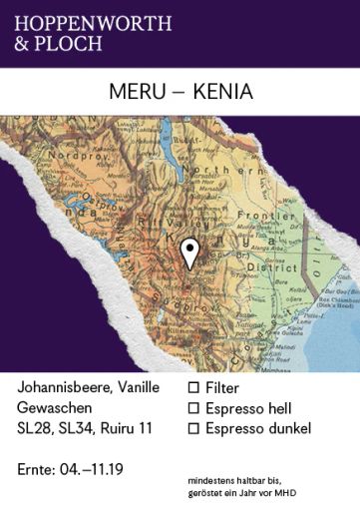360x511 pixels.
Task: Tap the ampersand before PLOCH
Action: click(x=22, y=43)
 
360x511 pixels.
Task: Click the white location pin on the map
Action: click(x=189, y=253)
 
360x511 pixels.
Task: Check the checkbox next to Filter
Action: click(x=194, y=385)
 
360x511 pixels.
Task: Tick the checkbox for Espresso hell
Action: click(x=194, y=407)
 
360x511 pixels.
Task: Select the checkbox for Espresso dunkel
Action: click(x=194, y=429)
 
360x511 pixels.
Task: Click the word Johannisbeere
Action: click(x=62, y=385)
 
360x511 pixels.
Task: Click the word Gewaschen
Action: click(x=55, y=407)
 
